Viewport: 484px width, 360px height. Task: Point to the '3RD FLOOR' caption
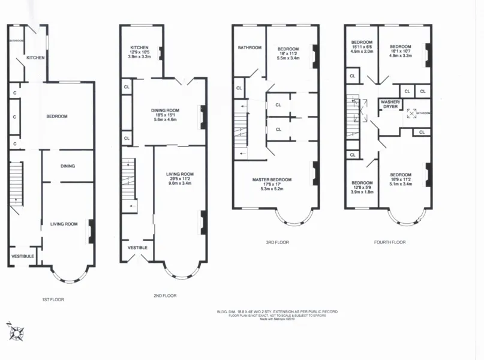277,242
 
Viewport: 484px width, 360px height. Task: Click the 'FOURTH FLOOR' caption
389,242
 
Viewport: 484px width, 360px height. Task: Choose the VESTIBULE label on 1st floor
22,256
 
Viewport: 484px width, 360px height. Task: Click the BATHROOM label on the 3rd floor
249,47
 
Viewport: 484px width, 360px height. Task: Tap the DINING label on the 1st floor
67,166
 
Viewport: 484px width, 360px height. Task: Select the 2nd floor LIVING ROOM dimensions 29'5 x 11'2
180,178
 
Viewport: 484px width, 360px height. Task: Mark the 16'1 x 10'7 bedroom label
400,51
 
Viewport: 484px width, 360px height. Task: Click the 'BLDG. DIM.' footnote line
276,311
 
